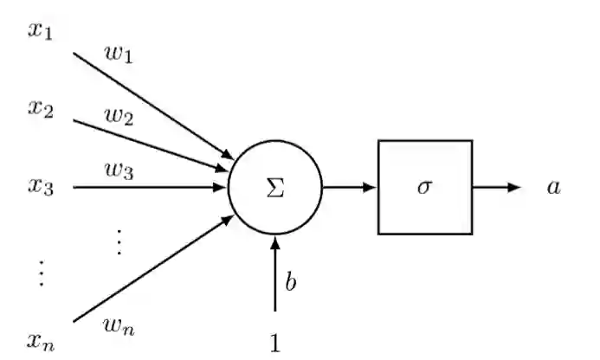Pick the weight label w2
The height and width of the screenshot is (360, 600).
point(119,117)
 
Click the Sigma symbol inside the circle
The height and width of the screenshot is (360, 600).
point(274,188)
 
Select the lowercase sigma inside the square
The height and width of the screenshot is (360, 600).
point(424,187)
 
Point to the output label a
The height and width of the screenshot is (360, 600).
point(553,187)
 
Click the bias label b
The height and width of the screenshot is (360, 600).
point(291,282)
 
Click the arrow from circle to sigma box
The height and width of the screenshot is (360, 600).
point(349,187)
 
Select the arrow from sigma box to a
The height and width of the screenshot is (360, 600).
point(496,187)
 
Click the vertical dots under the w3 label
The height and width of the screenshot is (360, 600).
point(119,243)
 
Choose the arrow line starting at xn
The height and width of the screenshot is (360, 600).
point(152,269)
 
